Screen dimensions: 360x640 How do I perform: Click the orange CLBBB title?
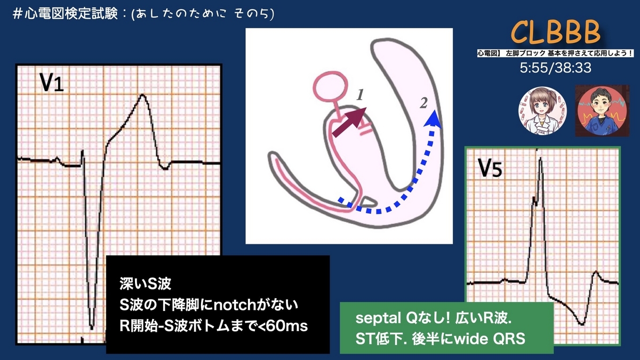click(x=555, y=33)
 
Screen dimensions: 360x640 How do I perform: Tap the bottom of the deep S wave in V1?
click(x=92, y=326)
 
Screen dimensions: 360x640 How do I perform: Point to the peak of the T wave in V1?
click(x=142, y=95)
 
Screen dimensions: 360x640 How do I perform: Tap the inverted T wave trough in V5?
click(x=583, y=324)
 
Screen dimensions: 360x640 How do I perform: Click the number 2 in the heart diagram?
click(x=423, y=103)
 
